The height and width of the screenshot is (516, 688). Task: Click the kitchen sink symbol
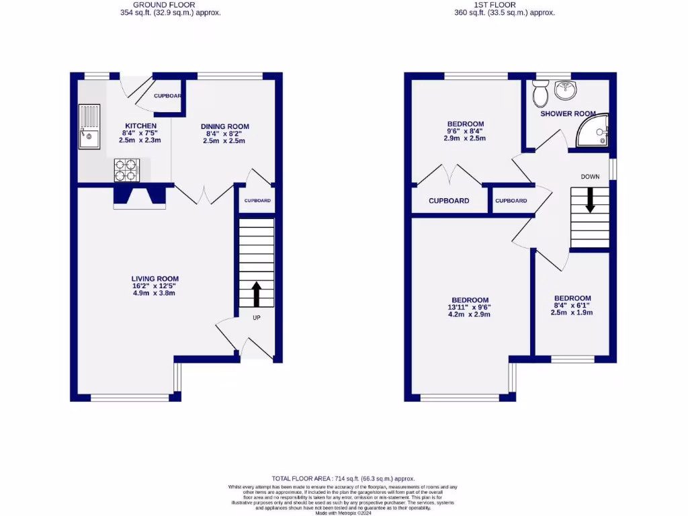[x=89, y=126]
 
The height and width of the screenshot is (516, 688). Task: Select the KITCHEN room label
[x=140, y=126]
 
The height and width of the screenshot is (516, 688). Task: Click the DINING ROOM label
[x=225, y=126]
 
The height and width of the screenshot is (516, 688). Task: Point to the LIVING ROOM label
[x=155, y=279]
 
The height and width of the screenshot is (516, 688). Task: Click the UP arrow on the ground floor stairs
[x=256, y=294]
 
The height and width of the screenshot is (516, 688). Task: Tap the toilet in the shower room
[x=540, y=94]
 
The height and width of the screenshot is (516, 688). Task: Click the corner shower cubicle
[x=595, y=130]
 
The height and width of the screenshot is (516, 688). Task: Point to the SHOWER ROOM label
[x=568, y=114]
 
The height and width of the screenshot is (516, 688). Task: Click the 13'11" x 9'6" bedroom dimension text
[x=470, y=307]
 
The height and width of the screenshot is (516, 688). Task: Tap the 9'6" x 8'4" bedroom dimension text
[x=466, y=131]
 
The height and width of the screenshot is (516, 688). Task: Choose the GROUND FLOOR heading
[x=165, y=5]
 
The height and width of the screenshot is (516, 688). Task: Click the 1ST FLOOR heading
[x=494, y=5]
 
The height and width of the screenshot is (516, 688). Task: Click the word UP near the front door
[x=256, y=318]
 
